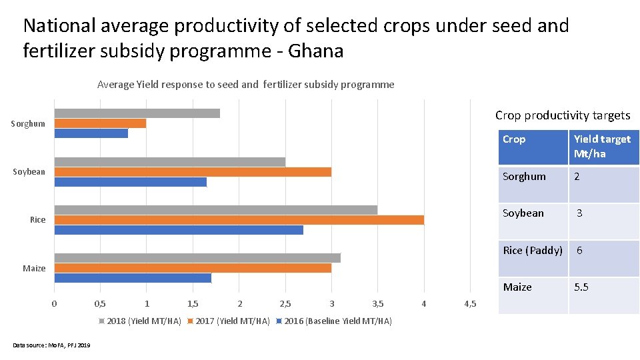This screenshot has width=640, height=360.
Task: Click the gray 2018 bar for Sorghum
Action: click(137, 113)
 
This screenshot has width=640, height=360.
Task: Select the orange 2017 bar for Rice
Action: click(239, 220)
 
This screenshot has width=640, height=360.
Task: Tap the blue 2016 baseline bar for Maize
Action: click(133, 278)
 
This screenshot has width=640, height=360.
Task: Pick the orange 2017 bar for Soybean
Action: click(193, 172)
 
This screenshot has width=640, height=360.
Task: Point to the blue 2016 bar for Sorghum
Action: click(91, 133)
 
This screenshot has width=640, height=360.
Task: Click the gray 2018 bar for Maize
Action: click(197, 258)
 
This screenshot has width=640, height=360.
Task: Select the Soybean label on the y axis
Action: click(29, 172)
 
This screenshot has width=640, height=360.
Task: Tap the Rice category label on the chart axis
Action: click(37, 220)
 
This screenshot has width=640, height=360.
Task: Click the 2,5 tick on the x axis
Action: click(285, 304)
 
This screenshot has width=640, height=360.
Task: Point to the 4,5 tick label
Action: click(470, 304)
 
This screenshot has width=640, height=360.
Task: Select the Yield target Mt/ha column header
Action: click(602, 146)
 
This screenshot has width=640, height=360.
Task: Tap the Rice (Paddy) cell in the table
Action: click(533, 251)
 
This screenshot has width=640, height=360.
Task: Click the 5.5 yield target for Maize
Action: click(582, 287)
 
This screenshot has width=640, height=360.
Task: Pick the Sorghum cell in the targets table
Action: click(524, 177)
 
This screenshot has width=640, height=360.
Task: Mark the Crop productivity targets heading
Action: click(562, 115)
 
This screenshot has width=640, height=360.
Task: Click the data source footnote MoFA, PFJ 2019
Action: click(52, 345)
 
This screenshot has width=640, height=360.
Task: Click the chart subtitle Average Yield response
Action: click(245, 85)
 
